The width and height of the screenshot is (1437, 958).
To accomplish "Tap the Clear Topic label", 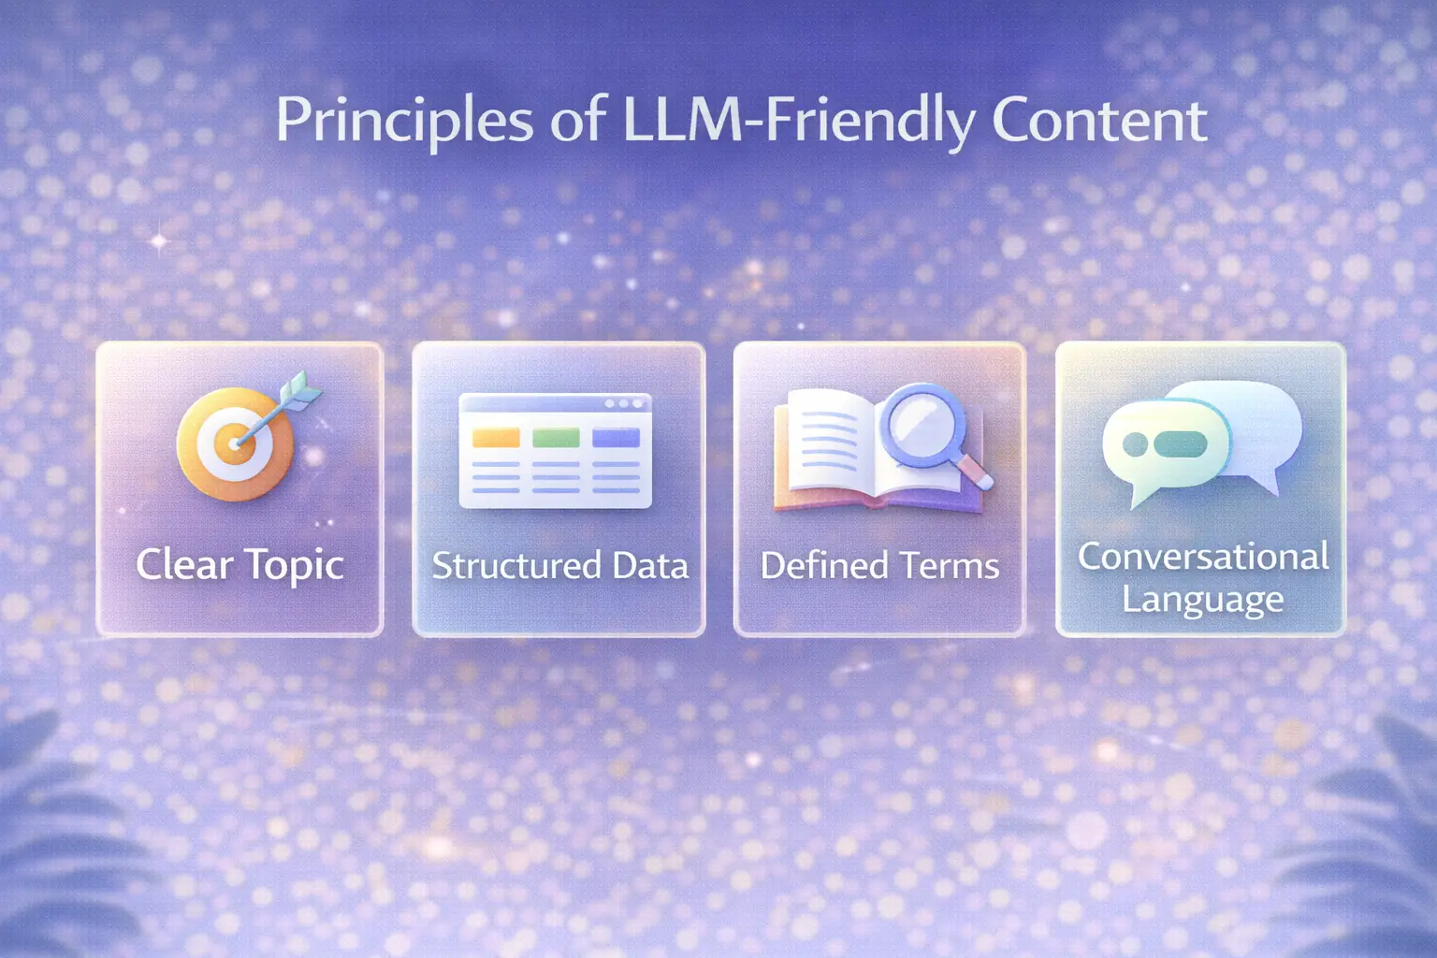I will pos(239,565).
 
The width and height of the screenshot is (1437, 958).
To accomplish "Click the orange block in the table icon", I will pos(496,438).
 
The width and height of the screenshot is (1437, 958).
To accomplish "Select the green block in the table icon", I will pos(556,438).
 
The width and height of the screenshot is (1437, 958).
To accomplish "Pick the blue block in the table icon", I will pos(616,438).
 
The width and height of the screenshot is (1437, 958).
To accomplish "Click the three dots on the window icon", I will pos(623,404).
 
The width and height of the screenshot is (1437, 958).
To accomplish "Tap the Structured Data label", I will pos(559,566).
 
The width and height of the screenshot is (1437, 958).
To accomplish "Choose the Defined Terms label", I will pos(879,566).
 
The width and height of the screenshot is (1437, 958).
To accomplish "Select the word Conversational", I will pos(1202,557).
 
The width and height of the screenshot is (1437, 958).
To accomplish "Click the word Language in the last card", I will pos(1202,599).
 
